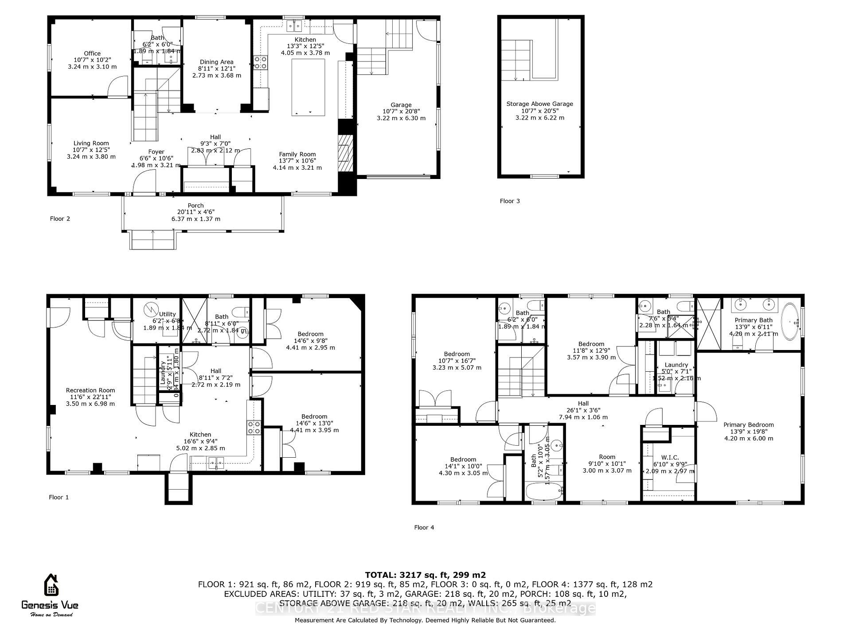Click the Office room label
point(92,54)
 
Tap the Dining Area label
point(216,62)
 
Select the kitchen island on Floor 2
point(308,87)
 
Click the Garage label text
point(401,105)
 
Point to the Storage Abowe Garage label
point(539,104)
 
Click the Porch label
point(195,206)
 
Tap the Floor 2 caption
point(60,219)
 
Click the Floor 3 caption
point(510,201)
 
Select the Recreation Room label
point(90,391)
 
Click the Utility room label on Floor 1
point(167,314)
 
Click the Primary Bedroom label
point(749,425)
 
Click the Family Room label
point(297,155)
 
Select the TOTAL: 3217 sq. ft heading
point(425,575)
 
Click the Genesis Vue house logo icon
point(51,585)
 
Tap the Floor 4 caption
point(424,528)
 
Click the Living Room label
point(91,144)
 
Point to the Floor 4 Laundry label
point(676,365)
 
